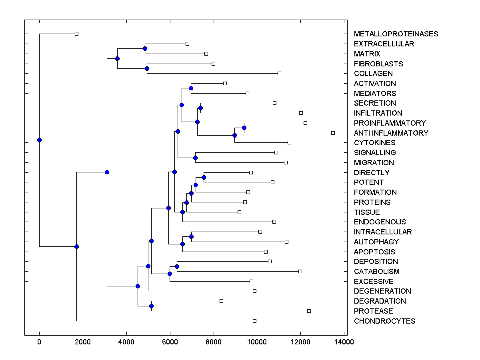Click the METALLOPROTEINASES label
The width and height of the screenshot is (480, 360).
[x=396, y=34]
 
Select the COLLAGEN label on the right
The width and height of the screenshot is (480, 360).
[x=373, y=74]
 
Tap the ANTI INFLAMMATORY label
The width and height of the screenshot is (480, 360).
[x=391, y=133]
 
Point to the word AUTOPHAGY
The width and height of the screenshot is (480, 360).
[x=376, y=242]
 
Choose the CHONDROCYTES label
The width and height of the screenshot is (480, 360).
[x=384, y=321]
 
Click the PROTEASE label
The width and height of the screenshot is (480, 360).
[x=373, y=311]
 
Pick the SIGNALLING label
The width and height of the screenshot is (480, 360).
[x=375, y=152]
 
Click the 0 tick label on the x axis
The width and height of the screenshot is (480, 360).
[x=39, y=342]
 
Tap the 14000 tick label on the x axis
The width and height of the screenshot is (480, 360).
[x=344, y=342]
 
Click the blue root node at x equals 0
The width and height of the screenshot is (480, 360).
[x=39, y=140]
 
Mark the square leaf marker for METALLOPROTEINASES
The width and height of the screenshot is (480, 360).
[x=77, y=34]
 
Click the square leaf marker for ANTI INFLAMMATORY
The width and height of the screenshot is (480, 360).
[x=333, y=133]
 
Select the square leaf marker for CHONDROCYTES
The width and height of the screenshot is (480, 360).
[x=254, y=321]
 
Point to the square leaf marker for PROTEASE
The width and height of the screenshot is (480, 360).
[x=309, y=311]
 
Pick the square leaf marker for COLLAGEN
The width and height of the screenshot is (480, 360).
[x=279, y=73]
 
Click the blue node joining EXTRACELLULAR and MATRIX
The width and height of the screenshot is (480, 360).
[x=145, y=49]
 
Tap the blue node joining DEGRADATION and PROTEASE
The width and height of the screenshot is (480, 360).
[x=151, y=306]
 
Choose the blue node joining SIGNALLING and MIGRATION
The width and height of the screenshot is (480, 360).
[x=195, y=158]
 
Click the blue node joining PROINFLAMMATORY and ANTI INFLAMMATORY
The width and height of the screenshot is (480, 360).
[x=244, y=128]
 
